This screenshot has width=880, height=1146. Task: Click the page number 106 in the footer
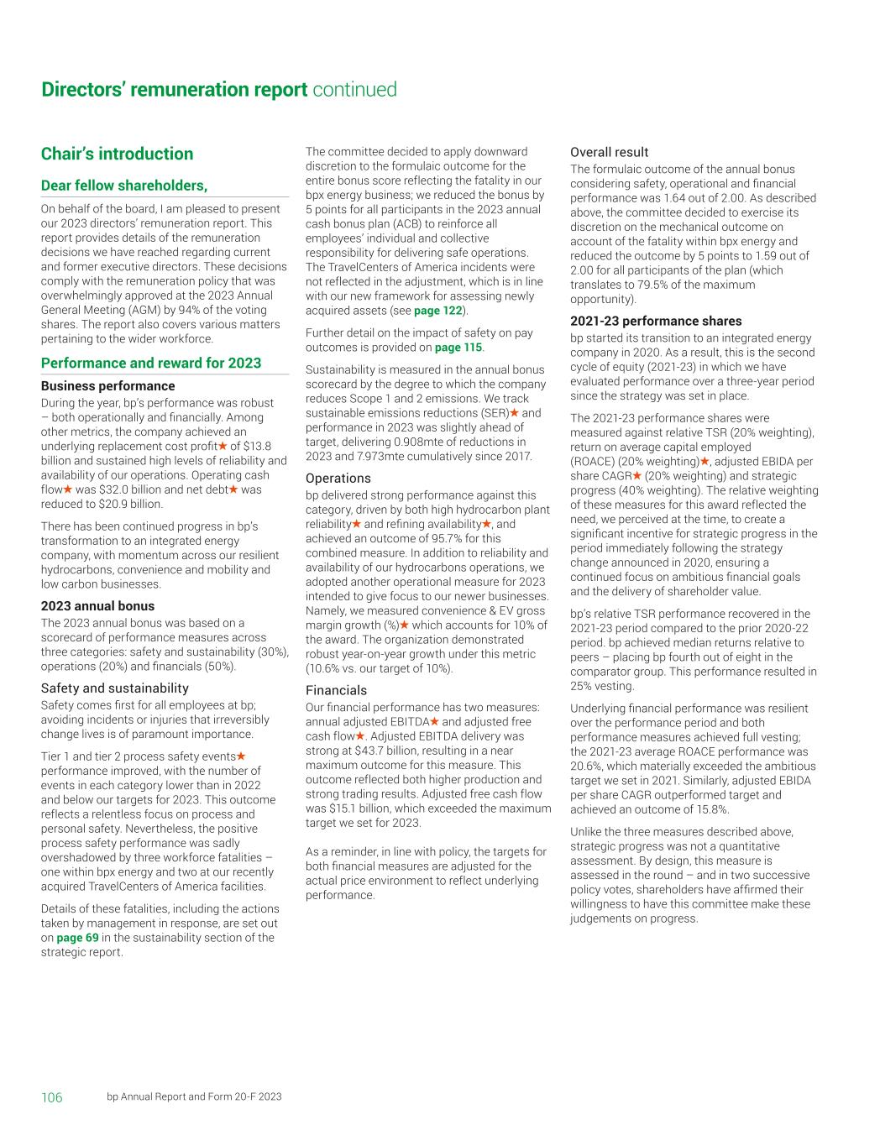(x=52, y=1097)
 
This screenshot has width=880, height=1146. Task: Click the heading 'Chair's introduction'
(x=117, y=154)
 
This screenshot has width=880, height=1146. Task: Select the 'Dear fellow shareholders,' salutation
(x=124, y=186)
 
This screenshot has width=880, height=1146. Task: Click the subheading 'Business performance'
(x=108, y=386)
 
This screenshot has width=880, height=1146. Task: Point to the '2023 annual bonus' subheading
(x=97, y=606)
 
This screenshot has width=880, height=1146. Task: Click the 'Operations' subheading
(x=338, y=479)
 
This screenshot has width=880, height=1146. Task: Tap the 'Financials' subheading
(x=336, y=691)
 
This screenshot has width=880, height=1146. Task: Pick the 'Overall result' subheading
(x=609, y=152)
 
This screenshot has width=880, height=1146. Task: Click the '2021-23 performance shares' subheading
(x=656, y=321)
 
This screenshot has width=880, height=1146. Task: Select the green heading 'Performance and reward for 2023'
(x=151, y=363)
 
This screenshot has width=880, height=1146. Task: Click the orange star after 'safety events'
(x=241, y=756)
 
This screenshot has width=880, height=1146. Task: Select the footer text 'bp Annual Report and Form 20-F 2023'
(x=194, y=1097)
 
